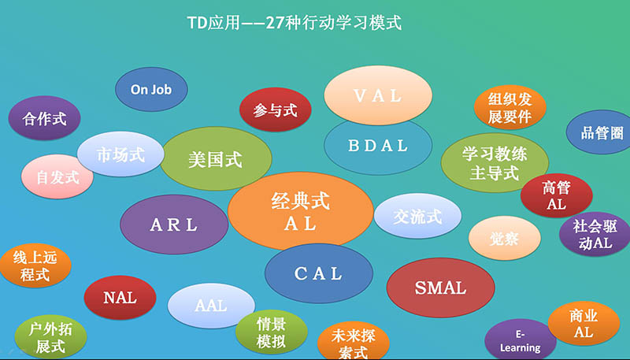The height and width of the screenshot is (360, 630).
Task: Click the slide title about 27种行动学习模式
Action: point(295,24)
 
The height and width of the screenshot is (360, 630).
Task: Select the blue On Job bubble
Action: point(151,89)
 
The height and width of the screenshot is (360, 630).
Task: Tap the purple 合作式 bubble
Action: point(44,118)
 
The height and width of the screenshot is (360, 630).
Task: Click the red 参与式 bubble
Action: point(275,109)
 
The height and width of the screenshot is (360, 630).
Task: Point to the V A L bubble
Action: point(378,95)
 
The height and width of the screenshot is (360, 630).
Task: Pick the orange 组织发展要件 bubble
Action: point(510,107)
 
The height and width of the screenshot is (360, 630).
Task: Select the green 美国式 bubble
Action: point(216,158)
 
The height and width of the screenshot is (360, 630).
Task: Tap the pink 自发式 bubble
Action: point(57,176)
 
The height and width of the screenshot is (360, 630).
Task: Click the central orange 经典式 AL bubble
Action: point(301,211)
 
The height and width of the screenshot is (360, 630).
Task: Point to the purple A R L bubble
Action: point(174,225)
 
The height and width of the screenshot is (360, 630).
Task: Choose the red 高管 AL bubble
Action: point(557,195)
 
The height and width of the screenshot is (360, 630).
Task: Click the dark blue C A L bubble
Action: point(319,273)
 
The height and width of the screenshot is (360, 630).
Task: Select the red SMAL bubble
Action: point(441,288)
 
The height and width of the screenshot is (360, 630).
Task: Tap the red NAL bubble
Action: point(120,298)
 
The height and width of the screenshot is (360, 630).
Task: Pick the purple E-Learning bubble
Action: point(521,340)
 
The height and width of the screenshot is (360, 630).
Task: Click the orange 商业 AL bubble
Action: point(584,324)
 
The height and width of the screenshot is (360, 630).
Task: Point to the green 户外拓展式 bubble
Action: point(50,337)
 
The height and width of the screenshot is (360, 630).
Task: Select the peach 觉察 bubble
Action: point(505,238)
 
